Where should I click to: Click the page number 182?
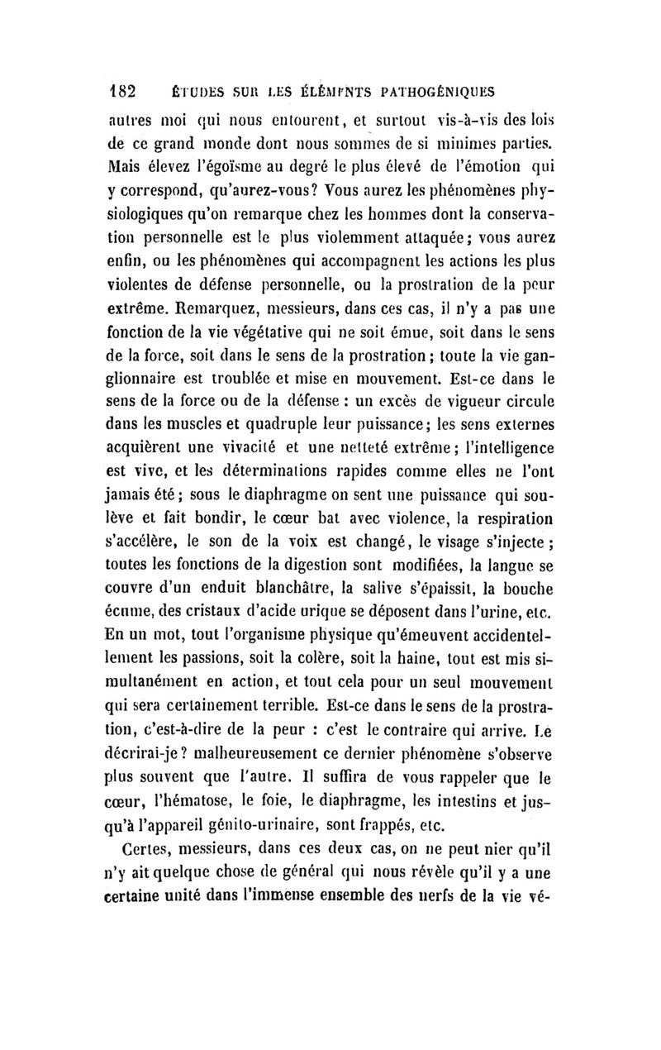tap(127, 89)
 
